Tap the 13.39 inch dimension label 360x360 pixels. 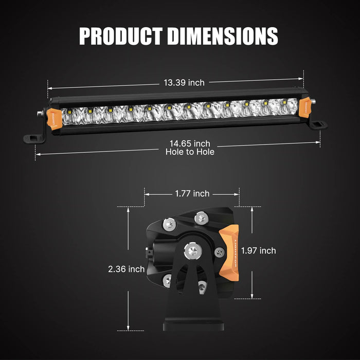(x=184, y=82)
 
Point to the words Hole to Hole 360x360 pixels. (x=190, y=152)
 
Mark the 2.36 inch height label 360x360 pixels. (x=126, y=269)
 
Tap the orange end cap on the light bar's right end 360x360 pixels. (x=305, y=106)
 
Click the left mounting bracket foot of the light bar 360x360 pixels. (x=35, y=138)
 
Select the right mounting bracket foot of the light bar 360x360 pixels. (x=318, y=125)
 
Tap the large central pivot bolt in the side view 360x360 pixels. (x=193, y=251)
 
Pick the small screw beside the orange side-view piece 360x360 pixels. (x=220, y=252)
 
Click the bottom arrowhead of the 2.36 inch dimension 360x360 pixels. (x=129, y=329)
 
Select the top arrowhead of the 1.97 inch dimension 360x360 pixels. (x=252, y=209)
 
